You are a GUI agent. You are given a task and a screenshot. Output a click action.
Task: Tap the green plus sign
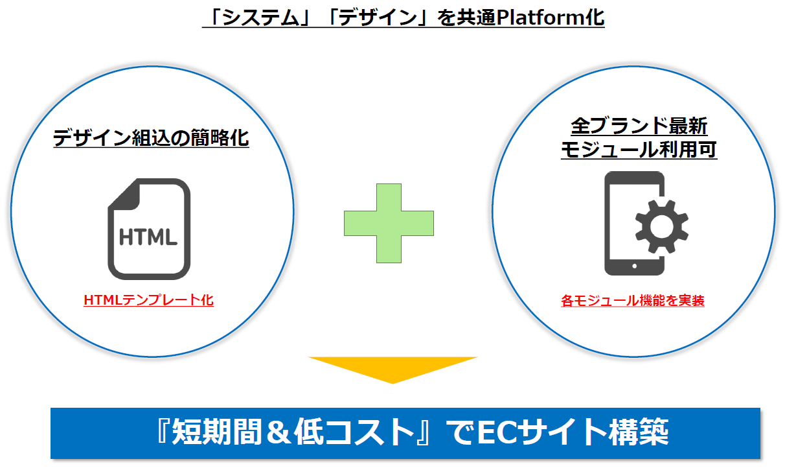point(389,223)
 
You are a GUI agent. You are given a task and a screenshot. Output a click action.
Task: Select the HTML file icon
point(149,229)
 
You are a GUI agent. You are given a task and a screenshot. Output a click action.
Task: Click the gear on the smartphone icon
point(662,227)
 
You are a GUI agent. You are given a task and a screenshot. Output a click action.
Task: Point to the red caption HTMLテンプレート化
point(148,300)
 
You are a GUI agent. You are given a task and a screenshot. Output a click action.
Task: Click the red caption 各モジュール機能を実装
point(633,301)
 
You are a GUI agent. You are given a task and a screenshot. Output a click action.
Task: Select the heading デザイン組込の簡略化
point(151,138)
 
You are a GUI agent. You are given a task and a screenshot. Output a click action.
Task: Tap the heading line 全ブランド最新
point(639,126)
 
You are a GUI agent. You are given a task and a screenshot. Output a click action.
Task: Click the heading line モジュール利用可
point(639,150)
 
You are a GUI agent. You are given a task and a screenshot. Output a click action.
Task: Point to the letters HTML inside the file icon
point(148,237)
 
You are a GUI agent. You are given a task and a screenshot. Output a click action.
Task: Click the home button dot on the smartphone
point(634,266)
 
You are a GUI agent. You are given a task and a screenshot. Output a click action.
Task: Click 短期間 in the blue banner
point(217,432)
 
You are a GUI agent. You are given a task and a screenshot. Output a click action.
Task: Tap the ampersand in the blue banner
point(279,433)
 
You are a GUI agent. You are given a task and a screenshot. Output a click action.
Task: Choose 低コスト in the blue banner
point(354,432)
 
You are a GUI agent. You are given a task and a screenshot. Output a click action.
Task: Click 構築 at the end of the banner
point(639,432)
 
